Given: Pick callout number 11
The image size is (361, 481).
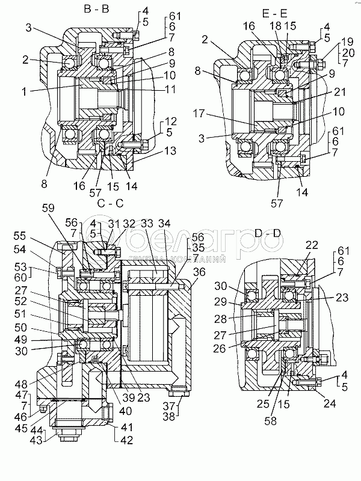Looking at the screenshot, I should point(171,90).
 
